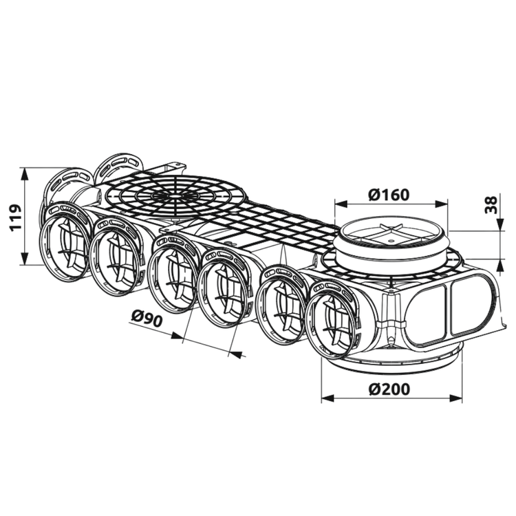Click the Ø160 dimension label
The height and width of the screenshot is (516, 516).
[389, 195]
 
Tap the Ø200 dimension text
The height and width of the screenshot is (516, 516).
[389, 389]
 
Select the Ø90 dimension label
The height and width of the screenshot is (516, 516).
[147, 318]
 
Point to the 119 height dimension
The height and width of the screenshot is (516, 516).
[15, 217]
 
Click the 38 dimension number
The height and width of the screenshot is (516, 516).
[491, 205]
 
